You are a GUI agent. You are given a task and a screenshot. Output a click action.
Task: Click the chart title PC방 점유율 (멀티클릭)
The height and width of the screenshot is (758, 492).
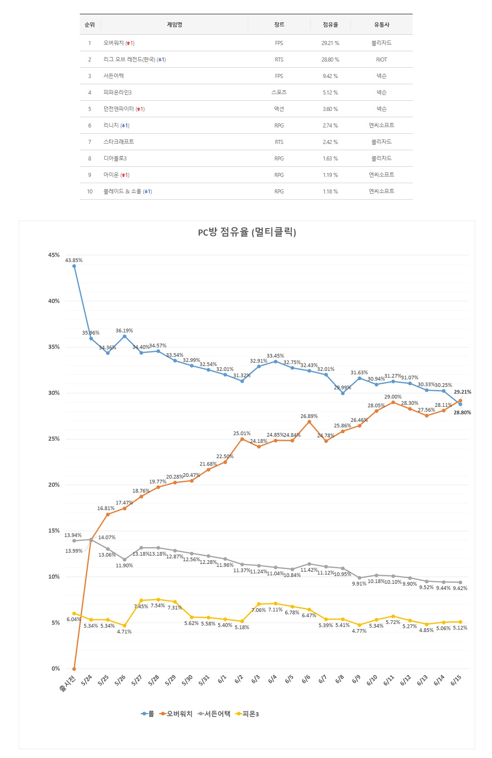point(247,232)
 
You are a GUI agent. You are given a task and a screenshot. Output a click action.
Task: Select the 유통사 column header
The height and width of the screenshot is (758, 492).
point(381,25)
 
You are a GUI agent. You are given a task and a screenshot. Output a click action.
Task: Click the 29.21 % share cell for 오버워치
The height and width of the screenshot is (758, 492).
point(330,43)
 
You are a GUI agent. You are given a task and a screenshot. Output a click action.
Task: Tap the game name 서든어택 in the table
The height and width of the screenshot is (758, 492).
point(114,76)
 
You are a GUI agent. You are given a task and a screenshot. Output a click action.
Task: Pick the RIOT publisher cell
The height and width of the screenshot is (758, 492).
point(381,60)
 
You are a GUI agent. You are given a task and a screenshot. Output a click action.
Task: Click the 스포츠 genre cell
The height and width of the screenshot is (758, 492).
point(279,92)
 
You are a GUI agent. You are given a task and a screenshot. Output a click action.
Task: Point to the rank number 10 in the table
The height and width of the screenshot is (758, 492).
point(90,192)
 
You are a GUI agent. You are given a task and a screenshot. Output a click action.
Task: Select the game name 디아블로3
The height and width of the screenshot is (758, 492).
point(115,159)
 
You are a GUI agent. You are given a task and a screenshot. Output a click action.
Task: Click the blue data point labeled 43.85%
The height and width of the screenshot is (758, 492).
point(74,266)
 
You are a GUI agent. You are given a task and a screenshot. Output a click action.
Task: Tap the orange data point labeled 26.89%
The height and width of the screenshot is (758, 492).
point(309,422)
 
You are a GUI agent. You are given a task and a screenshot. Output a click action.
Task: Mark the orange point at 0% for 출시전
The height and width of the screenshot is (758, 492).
point(74,668)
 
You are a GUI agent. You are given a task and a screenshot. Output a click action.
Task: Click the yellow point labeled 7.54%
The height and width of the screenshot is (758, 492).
point(158,599)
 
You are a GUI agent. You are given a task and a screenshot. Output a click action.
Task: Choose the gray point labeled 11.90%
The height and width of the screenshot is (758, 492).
point(124,559)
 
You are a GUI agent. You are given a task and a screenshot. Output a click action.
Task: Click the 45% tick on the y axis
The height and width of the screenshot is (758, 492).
point(54,255)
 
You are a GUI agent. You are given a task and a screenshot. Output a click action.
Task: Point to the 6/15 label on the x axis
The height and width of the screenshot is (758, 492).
point(456,680)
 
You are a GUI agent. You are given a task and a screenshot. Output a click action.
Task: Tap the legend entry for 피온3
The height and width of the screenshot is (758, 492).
point(247,714)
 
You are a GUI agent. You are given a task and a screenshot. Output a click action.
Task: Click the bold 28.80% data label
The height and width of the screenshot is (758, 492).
point(462,413)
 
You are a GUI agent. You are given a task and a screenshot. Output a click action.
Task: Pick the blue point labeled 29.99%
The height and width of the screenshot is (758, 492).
point(343,393)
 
